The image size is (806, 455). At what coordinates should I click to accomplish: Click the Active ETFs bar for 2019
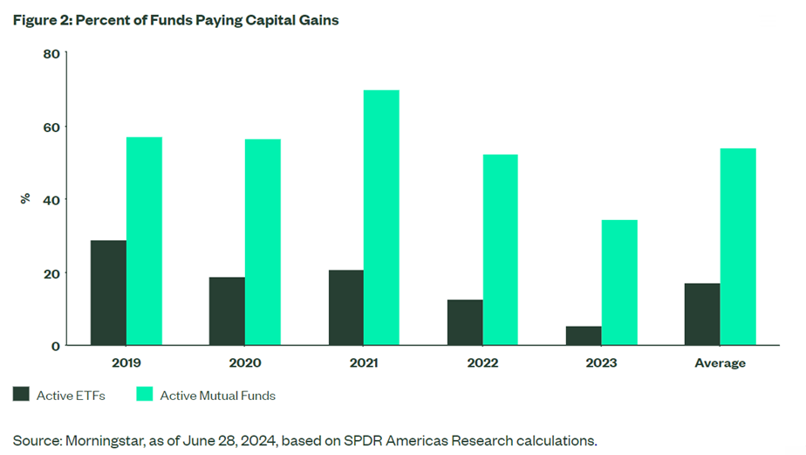108,293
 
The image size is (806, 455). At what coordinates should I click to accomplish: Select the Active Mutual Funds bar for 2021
381,217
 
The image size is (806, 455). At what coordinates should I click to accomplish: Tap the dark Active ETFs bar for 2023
584,335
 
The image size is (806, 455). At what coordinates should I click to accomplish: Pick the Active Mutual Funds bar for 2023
619,282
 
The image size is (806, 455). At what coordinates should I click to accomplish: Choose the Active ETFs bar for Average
702,314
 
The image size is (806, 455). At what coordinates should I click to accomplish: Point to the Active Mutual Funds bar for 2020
263,242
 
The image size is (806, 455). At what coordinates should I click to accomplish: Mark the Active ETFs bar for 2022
465,322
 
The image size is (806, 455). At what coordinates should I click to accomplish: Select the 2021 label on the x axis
364,362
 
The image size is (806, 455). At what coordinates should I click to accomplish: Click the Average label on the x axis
721,362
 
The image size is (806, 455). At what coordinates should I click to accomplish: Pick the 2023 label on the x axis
602,362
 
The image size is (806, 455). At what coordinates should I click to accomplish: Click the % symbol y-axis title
25,199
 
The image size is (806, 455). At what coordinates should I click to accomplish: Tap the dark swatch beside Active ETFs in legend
21,395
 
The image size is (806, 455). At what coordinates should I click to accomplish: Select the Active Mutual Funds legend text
217,396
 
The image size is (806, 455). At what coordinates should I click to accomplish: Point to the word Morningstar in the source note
95,439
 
